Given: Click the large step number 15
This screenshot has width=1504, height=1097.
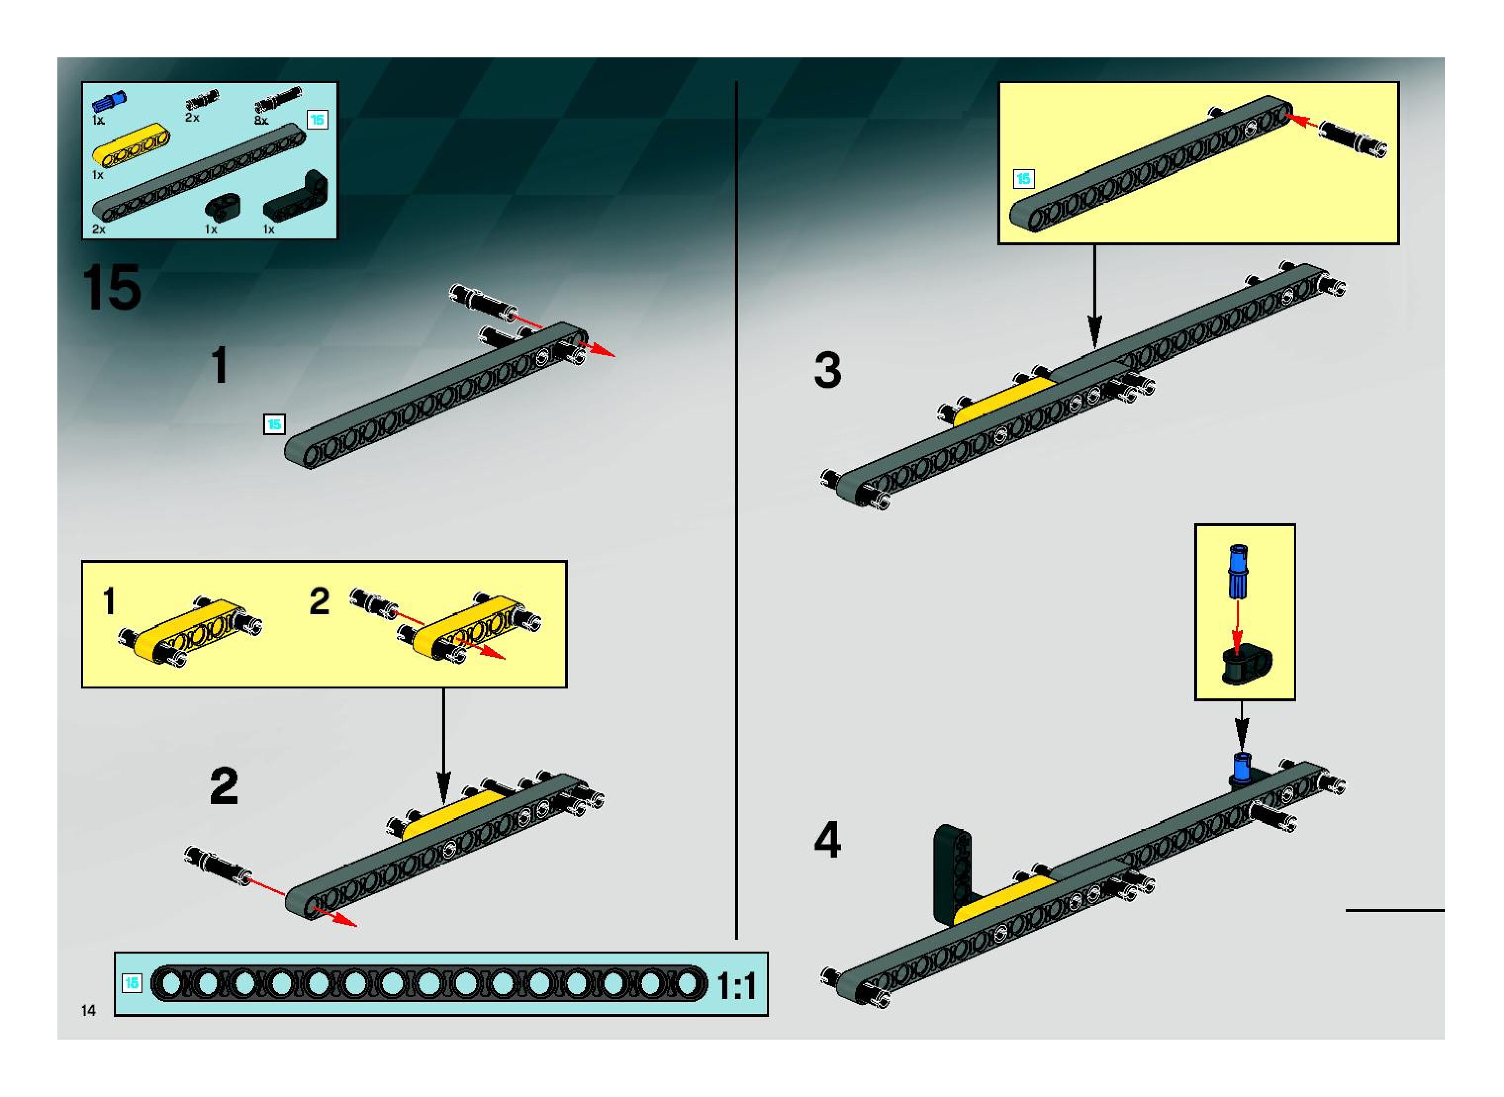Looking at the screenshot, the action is [112, 287].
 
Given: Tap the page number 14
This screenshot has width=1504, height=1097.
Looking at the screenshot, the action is [89, 1010].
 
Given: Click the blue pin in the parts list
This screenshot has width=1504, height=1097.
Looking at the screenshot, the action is [109, 100].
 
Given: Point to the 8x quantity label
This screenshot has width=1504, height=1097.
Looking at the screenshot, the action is [261, 121].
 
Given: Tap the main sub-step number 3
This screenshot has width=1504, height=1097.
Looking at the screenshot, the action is [828, 370].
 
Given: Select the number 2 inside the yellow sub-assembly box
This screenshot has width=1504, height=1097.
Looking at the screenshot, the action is [320, 601].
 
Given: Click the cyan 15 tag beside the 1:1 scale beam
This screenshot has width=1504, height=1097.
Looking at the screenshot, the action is [132, 983].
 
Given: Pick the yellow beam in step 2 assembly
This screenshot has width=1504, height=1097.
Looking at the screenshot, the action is [452, 814].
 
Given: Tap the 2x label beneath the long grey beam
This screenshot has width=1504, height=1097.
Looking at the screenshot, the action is [99, 229].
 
